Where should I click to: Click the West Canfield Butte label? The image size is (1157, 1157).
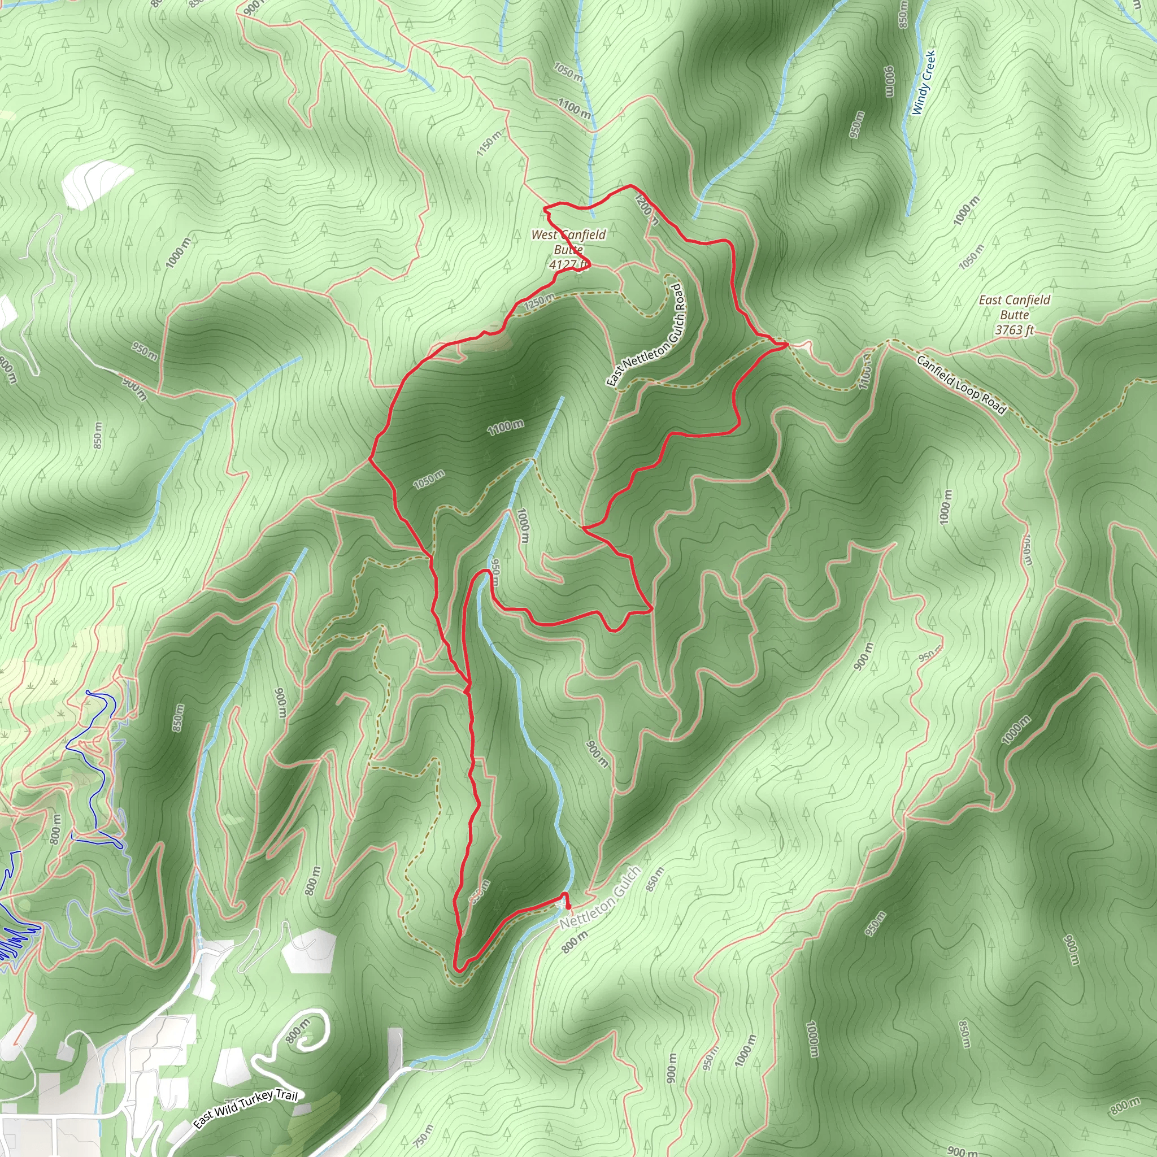click(568, 242)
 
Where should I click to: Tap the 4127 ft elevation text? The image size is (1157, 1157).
click(568, 264)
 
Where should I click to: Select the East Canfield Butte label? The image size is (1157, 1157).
click(1015, 307)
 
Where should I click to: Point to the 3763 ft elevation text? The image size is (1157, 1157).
click(1015, 330)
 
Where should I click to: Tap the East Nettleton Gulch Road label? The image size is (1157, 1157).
click(647, 336)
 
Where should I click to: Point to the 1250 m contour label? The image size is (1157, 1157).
click(539, 302)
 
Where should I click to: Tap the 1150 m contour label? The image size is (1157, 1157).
click(489, 143)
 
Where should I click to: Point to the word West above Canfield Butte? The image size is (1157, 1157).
click(544, 235)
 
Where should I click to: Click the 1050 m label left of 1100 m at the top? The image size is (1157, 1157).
click(568, 72)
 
